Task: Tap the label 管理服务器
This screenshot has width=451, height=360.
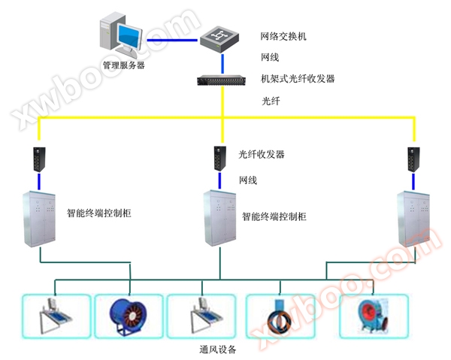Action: (124, 65)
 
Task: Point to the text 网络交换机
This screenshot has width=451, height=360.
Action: (283, 36)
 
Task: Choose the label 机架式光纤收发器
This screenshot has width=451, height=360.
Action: (298, 78)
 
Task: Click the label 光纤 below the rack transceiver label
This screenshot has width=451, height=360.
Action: (271, 100)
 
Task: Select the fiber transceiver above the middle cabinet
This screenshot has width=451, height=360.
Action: (219, 157)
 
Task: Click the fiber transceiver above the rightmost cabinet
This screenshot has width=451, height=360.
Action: (413, 158)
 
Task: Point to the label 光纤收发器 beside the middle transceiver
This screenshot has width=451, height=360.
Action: (262, 155)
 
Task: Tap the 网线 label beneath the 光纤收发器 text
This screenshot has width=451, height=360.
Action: (248, 180)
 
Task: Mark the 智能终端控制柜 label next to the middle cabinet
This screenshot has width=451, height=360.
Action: (274, 216)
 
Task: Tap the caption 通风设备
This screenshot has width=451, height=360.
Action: (218, 349)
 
